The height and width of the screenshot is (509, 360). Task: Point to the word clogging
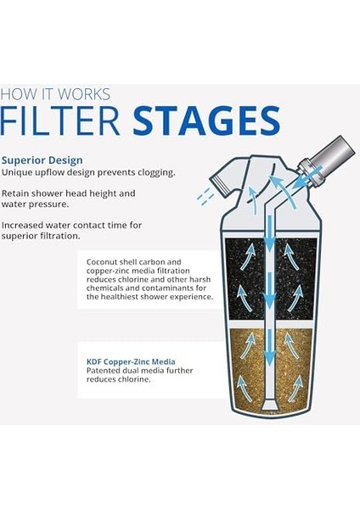153,172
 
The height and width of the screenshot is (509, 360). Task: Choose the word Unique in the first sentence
18,172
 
